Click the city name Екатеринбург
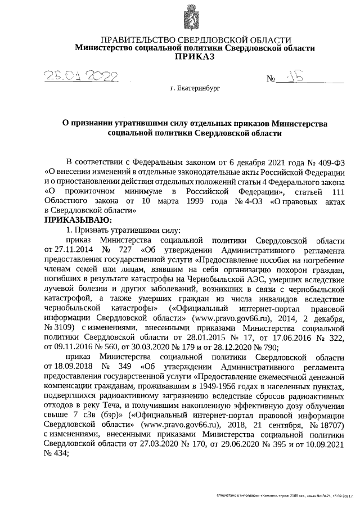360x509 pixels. [x=195, y=89]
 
